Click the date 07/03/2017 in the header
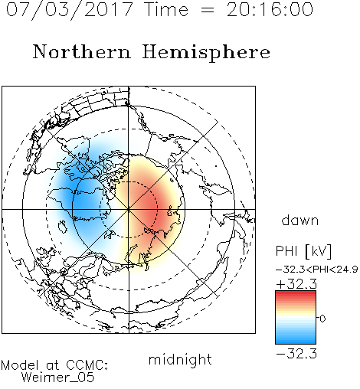click(x=69, y=10)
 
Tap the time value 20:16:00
click(x=270, y=10)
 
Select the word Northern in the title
click(x=82, y=51)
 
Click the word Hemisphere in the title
click(x=206, y=53)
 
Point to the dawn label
click(x=300, y=221)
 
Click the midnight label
click(x=180, y=359)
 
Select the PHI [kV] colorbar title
click(x=303, y=251)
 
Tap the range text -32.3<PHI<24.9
click(x=317, y=270)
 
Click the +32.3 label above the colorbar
click(x=296, y=284)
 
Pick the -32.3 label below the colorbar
click(x=296, y=354)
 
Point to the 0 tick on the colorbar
click(x=322, y=319)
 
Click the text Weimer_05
click(x=58, y=378)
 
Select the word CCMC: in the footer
click(x=87, y=365)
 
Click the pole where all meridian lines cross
click(x=129, y=210)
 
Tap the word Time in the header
click(x=166, y=10)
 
